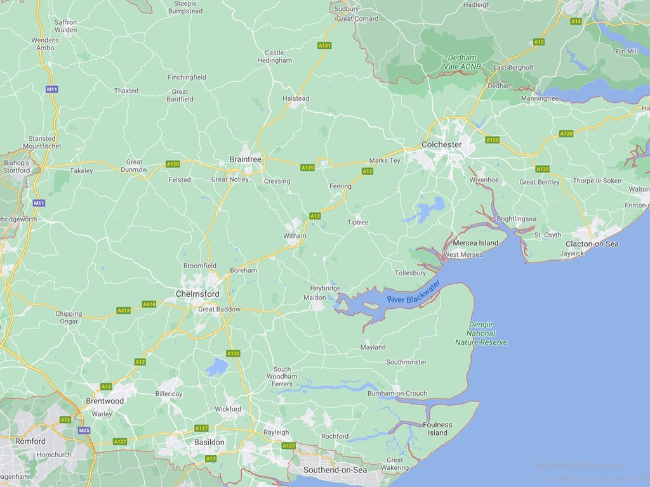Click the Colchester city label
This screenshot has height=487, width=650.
(441, 145)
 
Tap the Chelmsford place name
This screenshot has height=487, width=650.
(197, 294)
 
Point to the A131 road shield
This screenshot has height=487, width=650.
(324, 46)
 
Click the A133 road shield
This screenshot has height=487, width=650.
(542, 169)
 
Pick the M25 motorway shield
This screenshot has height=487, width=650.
(84, 430)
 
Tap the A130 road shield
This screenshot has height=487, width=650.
(233, 353)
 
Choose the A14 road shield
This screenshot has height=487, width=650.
(576, 22)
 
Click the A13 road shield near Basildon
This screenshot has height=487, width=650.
(211, 458)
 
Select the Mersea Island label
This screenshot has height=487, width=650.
(475, 243)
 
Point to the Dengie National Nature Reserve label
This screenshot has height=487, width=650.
(481, 334)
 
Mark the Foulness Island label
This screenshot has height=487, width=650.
(437, 429)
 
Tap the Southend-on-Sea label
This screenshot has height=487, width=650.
(335, 470)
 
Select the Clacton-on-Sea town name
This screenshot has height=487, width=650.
(592, 244)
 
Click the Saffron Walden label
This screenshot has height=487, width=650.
(65, 26)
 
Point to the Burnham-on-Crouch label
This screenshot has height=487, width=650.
(397, 394)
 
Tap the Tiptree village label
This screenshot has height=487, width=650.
(357, 223)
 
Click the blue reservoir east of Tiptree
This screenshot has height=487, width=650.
(432, 207)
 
